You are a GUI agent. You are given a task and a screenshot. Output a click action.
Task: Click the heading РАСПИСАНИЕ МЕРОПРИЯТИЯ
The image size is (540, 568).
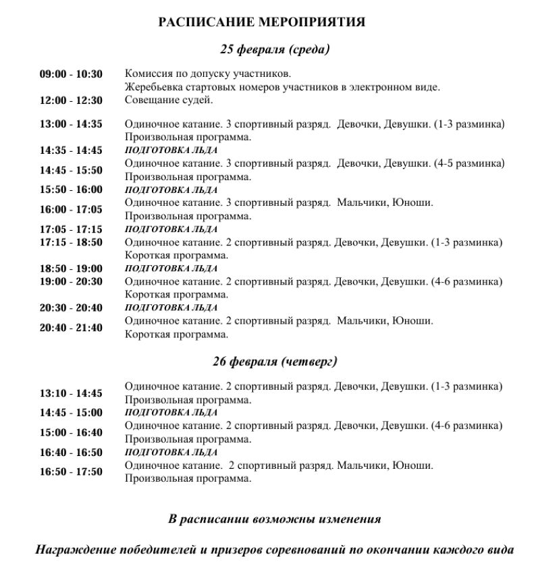pyautogui.click(x=261, y=22)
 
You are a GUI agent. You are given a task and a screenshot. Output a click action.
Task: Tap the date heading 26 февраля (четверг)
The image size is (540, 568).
pyautogui.click(x=275, y=362)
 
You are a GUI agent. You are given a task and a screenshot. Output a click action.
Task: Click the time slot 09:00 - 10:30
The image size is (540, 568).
pyautogui.click(x=71, y=74)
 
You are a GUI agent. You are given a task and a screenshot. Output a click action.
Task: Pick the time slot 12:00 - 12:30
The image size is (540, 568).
pyautogui.click(x=71, y=101)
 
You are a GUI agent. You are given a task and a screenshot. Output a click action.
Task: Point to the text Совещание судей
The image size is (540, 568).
pyautogui.click(x=169, y=100)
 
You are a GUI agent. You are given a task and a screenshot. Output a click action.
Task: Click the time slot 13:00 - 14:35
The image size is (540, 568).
pyautogui.click(x=71, y=124)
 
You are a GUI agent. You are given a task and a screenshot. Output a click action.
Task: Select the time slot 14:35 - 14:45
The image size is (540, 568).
pyautogui.click(x=71, y=150)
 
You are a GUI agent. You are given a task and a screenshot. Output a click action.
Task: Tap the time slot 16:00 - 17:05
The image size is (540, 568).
pyautogui.click(x=71, y=210)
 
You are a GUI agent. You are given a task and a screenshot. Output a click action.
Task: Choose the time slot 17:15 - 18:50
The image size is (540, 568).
pyautogui.click(x=71, y=242)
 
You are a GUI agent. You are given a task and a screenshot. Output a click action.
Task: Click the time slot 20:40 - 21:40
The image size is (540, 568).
pyautogui.click(x=71, y=328)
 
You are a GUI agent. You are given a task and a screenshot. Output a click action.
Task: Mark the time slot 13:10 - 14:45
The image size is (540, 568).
pyautogui.click(x=71, y=393)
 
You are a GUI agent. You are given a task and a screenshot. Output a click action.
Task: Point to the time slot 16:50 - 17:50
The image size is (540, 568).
pyautogui.click(x=71, y=472)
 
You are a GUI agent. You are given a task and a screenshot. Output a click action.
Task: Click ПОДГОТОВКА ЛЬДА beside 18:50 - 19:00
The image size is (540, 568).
pyautogui.click(x=171, y=268)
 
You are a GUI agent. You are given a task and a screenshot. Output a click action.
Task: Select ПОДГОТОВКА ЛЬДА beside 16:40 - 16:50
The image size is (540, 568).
pyautogui.click(x=171, y=452)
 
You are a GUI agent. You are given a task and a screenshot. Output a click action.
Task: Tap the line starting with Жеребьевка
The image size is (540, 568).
pyautogui.click(x=282, y=87)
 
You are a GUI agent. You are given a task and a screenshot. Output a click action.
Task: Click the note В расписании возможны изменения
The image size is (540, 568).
pyautogui.click(x=274, y=519)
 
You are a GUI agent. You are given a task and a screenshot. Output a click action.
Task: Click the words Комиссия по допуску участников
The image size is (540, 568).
pyautogui.click(x=208, y=74)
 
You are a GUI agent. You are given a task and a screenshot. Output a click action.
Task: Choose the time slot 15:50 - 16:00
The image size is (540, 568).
pyautogui.click(x=71, y=190)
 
